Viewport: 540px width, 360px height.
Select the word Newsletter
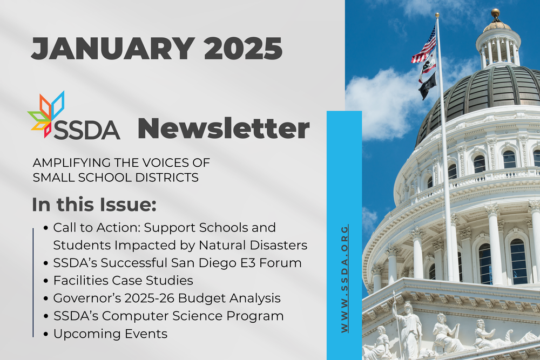click(224, 128)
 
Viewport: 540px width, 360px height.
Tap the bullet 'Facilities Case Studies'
click(123, 280)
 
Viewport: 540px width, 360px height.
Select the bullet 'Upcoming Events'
click(110, 334)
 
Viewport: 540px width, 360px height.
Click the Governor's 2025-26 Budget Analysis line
click(167, 298)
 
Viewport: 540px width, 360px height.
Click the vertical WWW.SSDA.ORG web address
click(345, 278)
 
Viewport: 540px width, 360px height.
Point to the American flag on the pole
click(424, 46)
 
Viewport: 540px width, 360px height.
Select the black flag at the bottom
click(427, 86)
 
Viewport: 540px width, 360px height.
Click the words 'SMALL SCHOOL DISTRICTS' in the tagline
click(116, 176)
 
